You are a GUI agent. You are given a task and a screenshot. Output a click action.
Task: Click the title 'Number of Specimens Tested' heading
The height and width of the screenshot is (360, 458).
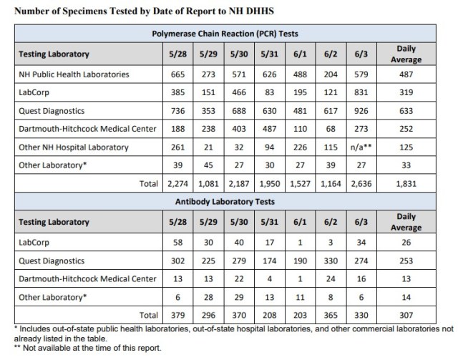140,11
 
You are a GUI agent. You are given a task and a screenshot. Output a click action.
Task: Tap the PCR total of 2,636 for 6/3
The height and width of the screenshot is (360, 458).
361,185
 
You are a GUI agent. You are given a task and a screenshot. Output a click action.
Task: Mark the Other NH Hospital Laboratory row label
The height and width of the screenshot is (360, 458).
74,147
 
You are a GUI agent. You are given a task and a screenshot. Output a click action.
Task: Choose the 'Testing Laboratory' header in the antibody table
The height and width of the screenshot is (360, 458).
54,223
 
